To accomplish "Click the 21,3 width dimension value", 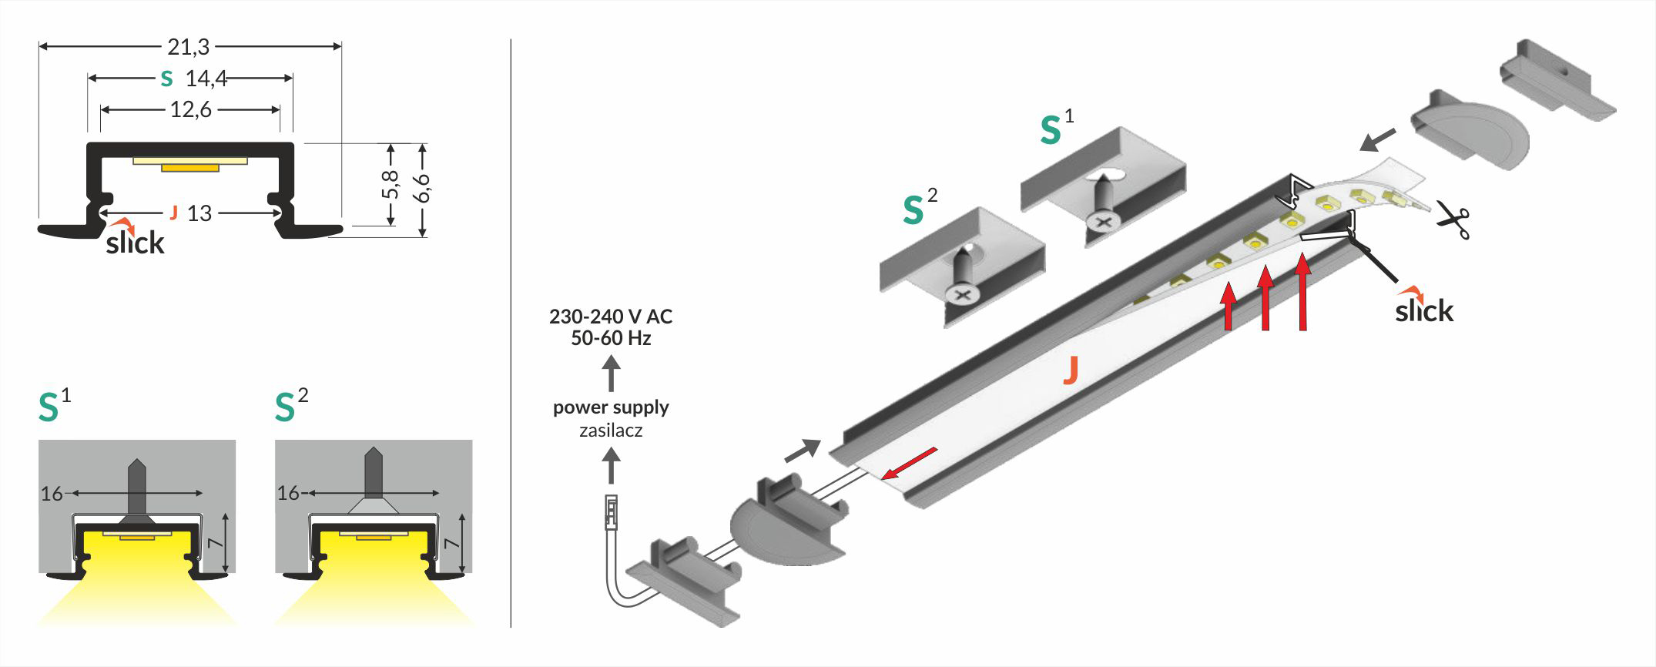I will point(189,47).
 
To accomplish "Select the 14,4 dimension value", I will point(206,79).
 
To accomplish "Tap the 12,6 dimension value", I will point(190,110).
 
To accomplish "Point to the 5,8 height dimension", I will point(391,185).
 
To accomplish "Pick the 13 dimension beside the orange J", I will point(199,213).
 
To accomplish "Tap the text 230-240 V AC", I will point(611,317).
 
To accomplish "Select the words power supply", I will point(611,407).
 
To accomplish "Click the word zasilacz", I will point(611,431).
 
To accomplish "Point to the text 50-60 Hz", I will point(611,338).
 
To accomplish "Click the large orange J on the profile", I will point(1070,370).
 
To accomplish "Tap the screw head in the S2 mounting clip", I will point(960,294).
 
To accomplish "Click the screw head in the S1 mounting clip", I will point(1103,223).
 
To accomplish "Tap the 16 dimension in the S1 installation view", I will point(52,494).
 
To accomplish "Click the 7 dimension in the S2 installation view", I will point(452,543).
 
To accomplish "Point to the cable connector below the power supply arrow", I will point(612,512).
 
